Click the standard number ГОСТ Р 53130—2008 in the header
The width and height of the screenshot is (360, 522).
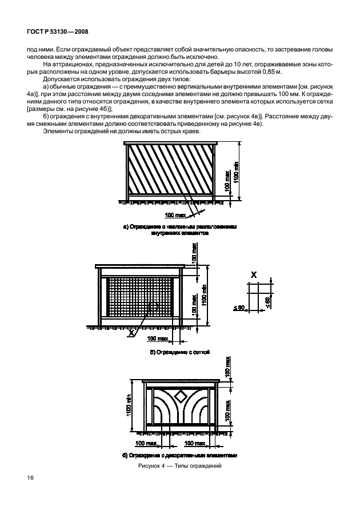point(57,33)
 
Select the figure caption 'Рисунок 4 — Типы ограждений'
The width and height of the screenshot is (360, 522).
point(179,466)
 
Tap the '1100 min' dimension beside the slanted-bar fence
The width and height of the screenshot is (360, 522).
point(237,172)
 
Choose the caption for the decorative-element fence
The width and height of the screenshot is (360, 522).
point(179,456)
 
